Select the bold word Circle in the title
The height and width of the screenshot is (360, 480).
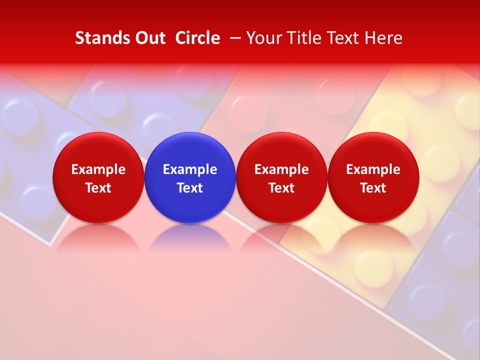[x=197, y=38]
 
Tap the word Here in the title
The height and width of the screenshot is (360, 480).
[x=384, y=38]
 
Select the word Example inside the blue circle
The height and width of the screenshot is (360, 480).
[x=190, y=169]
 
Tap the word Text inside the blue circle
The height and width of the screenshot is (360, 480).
[x=190, y=188]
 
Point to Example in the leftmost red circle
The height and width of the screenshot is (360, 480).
[x=98, y=169]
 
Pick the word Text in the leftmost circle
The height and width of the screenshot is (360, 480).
[x=98, y=188]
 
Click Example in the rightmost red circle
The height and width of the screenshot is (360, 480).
[x=373, y=169]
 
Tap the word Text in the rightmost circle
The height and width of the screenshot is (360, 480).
[x=373, y=188]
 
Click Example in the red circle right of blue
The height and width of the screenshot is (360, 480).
[x=281, y=169]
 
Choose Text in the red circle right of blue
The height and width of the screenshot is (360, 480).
[x=281, y=188]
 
